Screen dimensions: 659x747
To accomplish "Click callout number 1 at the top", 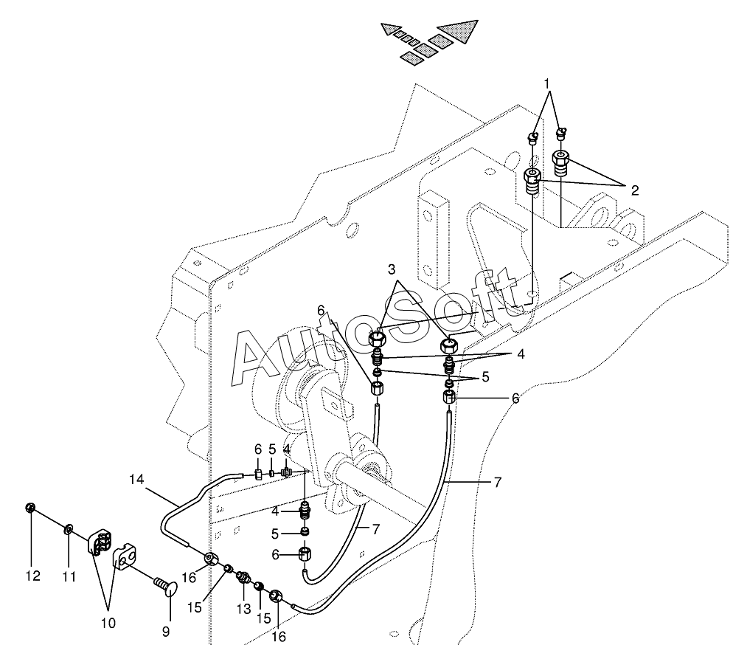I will (548, 83).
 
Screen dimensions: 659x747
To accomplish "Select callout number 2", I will (633, 190).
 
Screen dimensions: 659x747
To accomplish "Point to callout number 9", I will (166, 631).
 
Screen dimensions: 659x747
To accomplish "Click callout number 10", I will (108, 623).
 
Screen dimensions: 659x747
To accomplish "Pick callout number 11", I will (69, 576).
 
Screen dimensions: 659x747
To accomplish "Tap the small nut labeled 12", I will (31, 508).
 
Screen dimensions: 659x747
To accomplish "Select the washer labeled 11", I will (68, 528).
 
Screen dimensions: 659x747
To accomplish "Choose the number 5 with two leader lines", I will (484, 376).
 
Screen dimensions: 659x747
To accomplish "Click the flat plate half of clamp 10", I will (126, 559).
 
